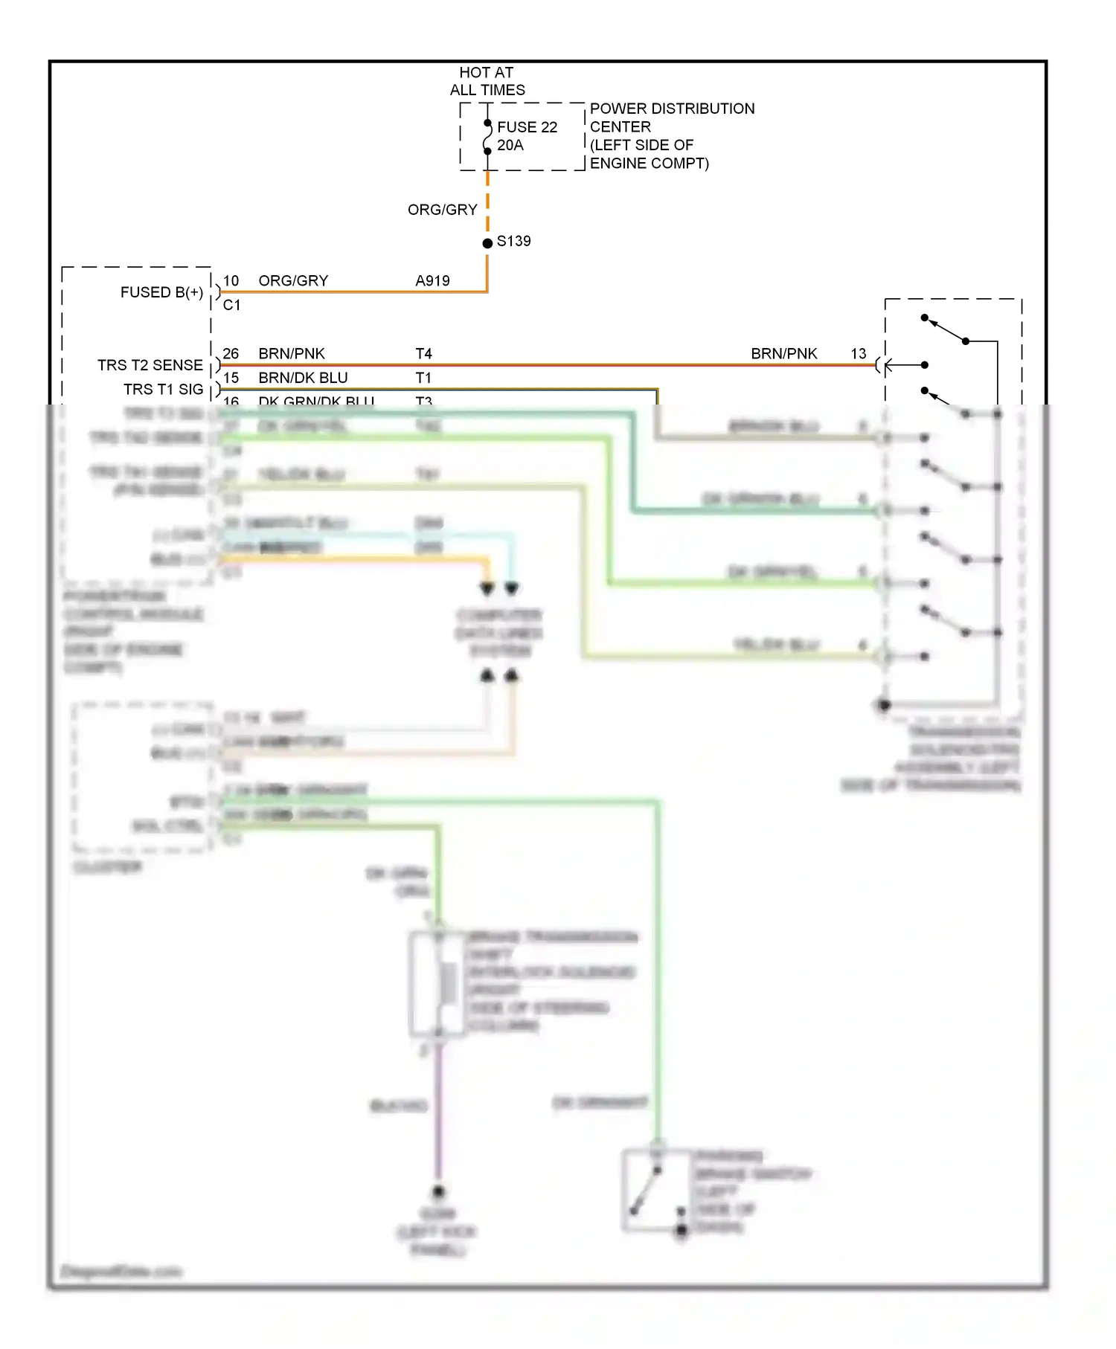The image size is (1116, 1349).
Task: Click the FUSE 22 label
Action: click(527, 127)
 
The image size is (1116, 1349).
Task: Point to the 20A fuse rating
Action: click(510, 145)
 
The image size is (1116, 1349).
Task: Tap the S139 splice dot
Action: click(487, 243)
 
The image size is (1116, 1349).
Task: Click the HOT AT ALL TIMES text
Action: click(487, 81)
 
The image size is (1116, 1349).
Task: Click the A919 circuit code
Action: click(432, 280)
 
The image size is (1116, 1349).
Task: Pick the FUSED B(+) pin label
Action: click(161, 292)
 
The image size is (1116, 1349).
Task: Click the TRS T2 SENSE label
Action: click(150, 365)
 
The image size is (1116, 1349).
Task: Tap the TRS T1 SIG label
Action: click(163, 389)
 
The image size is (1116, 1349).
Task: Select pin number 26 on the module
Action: click(231, 353)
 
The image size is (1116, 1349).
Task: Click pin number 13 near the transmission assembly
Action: click(858, 353)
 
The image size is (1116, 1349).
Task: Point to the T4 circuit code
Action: click(423, 353)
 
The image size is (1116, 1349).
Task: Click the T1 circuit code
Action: click(423, 377)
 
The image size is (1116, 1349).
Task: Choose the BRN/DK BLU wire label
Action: click(303, 377)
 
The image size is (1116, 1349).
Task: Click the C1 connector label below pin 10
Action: click(231, 305)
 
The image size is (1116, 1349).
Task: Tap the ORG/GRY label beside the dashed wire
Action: click(442, 210)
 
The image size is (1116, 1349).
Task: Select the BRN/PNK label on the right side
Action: click(783, 353)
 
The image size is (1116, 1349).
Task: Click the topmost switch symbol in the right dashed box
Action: click(945, 329)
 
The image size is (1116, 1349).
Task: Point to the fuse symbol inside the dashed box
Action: click(487, 137)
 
